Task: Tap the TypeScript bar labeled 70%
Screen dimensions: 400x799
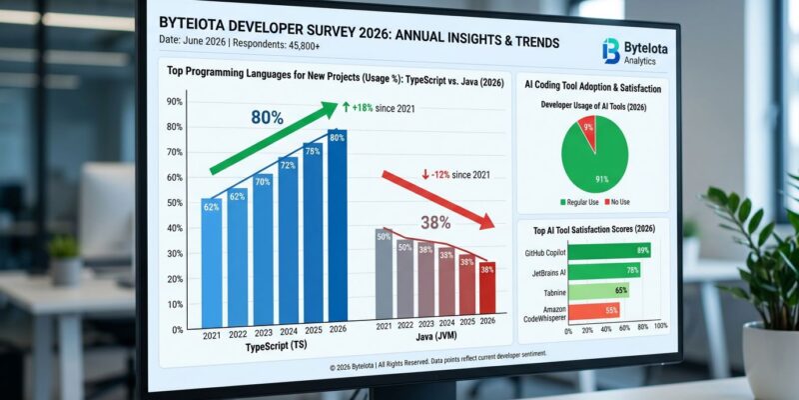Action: click(263, 249)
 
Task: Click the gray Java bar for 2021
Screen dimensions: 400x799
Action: click(383, 274)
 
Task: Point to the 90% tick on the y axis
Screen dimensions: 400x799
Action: click(174, 102)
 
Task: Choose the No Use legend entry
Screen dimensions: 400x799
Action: click(618, 203)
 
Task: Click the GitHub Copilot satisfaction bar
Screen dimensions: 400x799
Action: click(609, 251)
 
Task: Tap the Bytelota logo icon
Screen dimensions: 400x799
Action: click(611, 51)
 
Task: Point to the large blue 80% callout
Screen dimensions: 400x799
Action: click(268, 117)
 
